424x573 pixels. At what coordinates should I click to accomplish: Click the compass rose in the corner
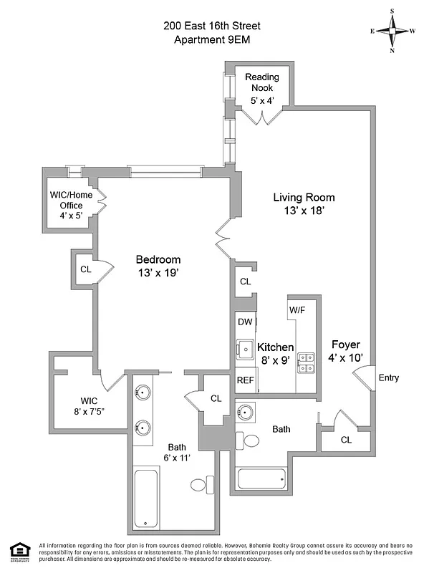click(x=393, y=31)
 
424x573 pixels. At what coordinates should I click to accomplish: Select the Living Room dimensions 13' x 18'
click(x=304, y=211)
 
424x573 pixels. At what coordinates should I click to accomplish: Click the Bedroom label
click(x=159, y=259)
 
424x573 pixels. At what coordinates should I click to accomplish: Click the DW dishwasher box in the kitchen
click(x=245, y=322)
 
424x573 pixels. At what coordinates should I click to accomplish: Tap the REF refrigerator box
click(x=245, y=380)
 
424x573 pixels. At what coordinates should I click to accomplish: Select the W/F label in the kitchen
click(x=297, y=310)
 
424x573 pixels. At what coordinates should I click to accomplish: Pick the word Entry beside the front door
click(x=388, y=378)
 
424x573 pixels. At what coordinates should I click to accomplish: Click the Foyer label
click(x=344, y=345)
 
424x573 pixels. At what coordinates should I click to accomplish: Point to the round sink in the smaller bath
click(x=245, y=413)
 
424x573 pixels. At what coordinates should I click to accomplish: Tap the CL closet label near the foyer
click(x=346, y=440)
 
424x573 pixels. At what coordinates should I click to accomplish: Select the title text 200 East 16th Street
click(x=212, y=25)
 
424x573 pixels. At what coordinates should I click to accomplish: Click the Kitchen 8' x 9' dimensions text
click(x=274, y=361)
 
